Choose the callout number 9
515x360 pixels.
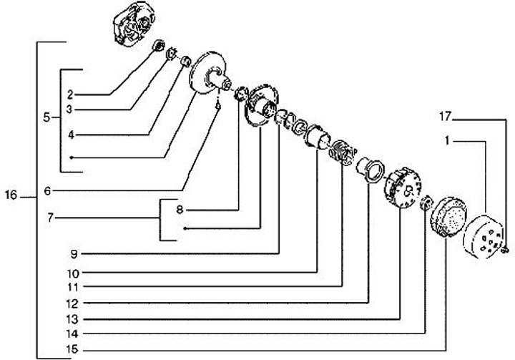[x=74, y=253]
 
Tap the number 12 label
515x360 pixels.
[x=74, y=303]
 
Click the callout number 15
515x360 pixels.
[x=74, y=350]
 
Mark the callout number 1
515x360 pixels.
[x=447, y=142]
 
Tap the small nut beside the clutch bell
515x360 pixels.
[x=505, y=249]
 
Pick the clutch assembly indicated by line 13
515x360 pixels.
[x=400, y=190]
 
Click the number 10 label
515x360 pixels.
[x=74, y=273]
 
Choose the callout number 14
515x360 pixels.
[x=74, y=334]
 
